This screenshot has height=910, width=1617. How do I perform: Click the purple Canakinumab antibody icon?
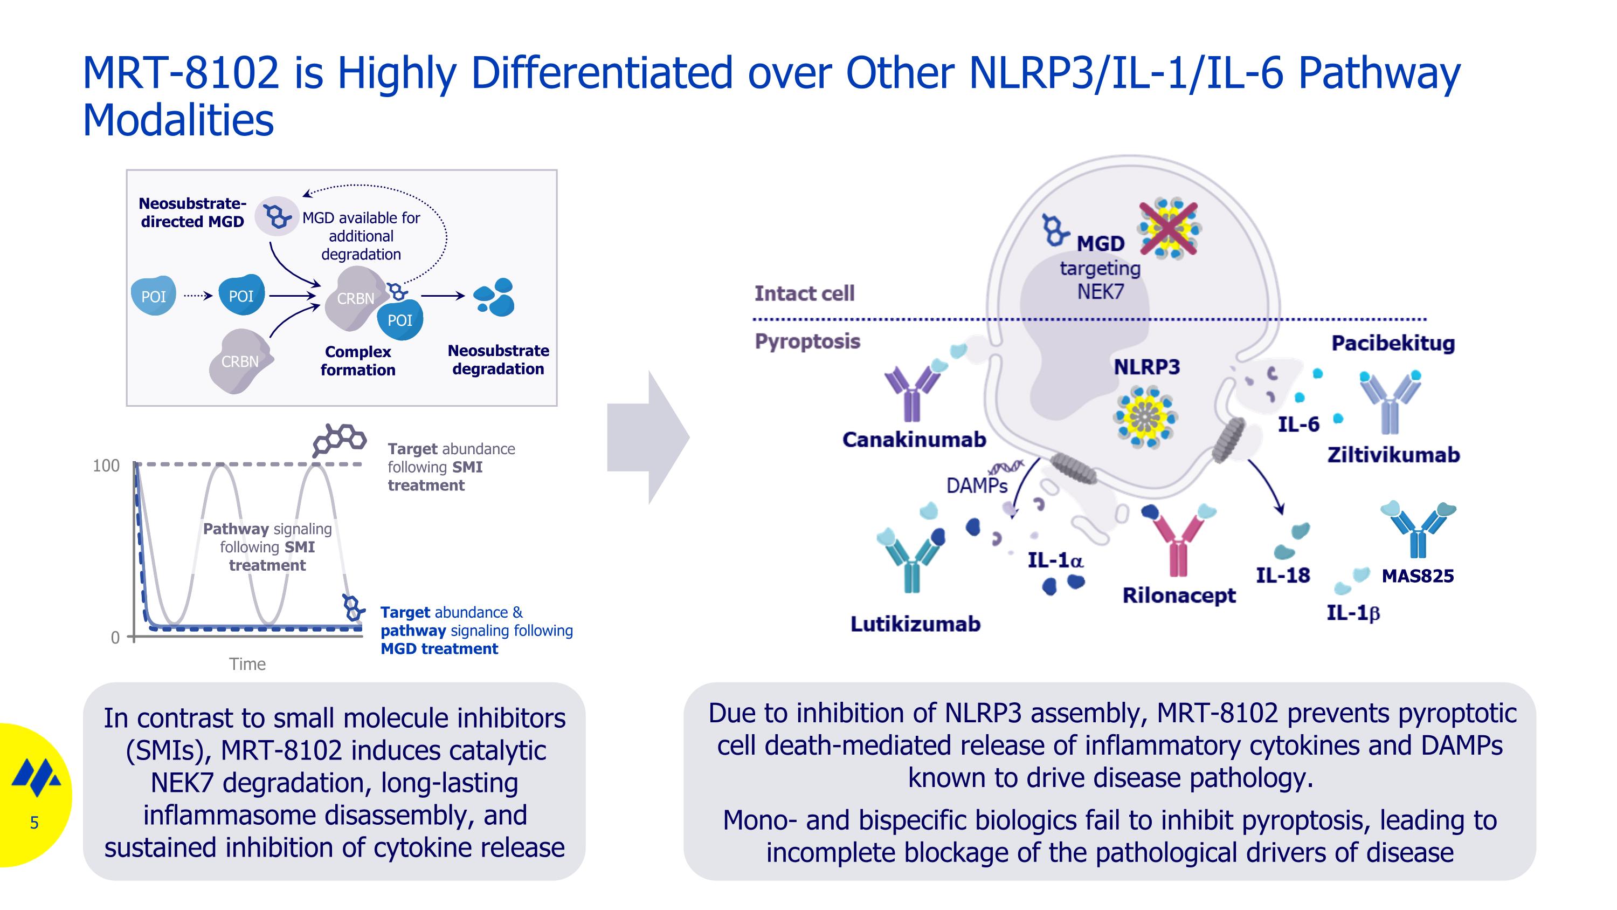(x=911, y=393)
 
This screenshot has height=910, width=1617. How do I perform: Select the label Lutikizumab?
(x=915, y=624)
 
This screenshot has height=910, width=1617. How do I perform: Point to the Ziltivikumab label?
(x=1393, y=455)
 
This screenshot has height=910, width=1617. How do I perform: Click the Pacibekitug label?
(x=1392, y=344)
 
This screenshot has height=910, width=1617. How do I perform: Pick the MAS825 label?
(x=1418, y=576)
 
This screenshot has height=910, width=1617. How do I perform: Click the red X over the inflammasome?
(x=1168, y=229)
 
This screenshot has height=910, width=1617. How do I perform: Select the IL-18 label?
(x=1282, y=575)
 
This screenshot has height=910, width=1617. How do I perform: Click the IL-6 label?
(x=1298, y=425)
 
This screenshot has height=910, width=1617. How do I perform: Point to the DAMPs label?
(x=977, y=485)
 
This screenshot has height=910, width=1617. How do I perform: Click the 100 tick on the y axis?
(x=106, y=466)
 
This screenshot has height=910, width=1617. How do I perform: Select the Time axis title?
(x=247, y=664)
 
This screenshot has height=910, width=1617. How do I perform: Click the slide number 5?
(x=34, y=822)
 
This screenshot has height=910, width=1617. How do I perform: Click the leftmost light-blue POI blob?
(x=153, y=296)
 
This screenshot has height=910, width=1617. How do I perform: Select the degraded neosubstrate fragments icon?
(x=495, y=297)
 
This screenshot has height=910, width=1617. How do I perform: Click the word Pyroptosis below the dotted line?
(x=807, y=341)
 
